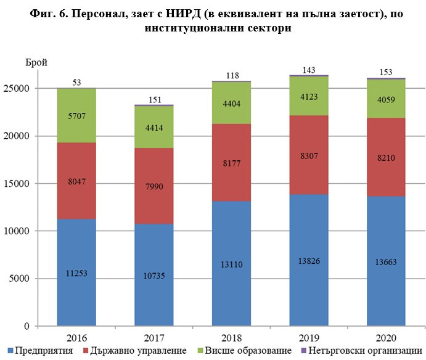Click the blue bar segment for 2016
click(78, 272)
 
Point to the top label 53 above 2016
click(78, 82)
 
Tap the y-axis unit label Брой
click(36, 62)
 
